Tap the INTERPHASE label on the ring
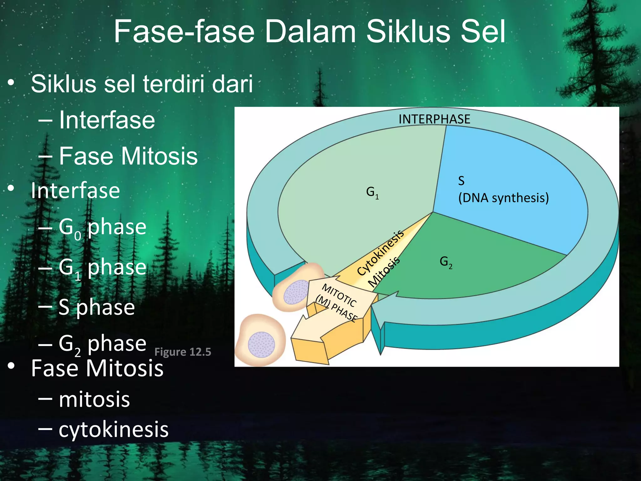click(x=434, y=119)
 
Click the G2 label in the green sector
click(x=446, y=262)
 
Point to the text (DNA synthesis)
click(x=503, y=198)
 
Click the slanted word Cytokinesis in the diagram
click(x=380, y=253)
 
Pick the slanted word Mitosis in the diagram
click(x=384, y=272)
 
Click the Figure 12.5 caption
click(x=183, y=352)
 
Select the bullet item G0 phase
click(x=102, y=227)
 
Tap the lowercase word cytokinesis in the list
click(x=113, y=429)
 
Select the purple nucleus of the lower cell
click(x=261, y=345)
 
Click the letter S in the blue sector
click(x=461, y=181)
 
